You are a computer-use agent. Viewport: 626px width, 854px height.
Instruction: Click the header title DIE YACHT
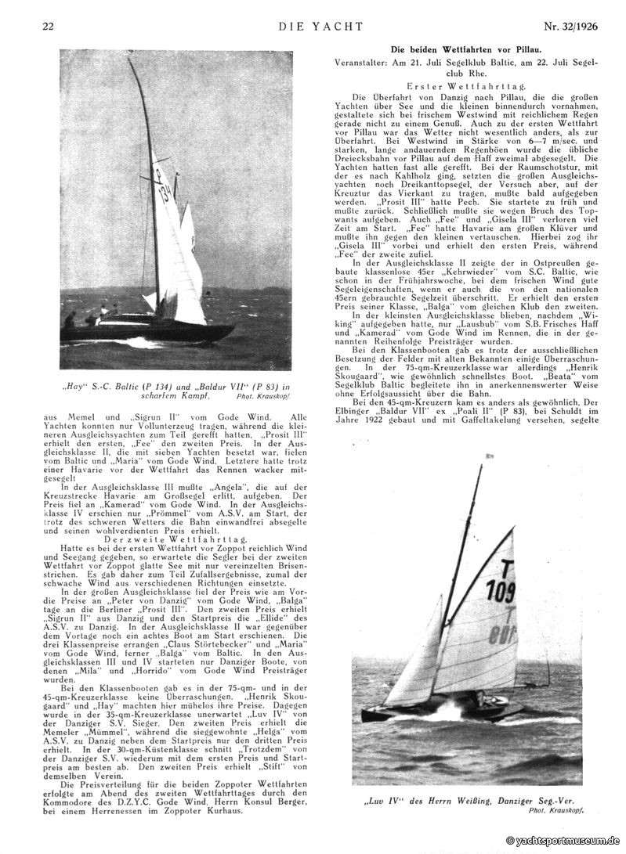tap(320, 27)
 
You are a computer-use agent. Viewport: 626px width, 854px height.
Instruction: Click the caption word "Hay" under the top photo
tap(74, 386)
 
